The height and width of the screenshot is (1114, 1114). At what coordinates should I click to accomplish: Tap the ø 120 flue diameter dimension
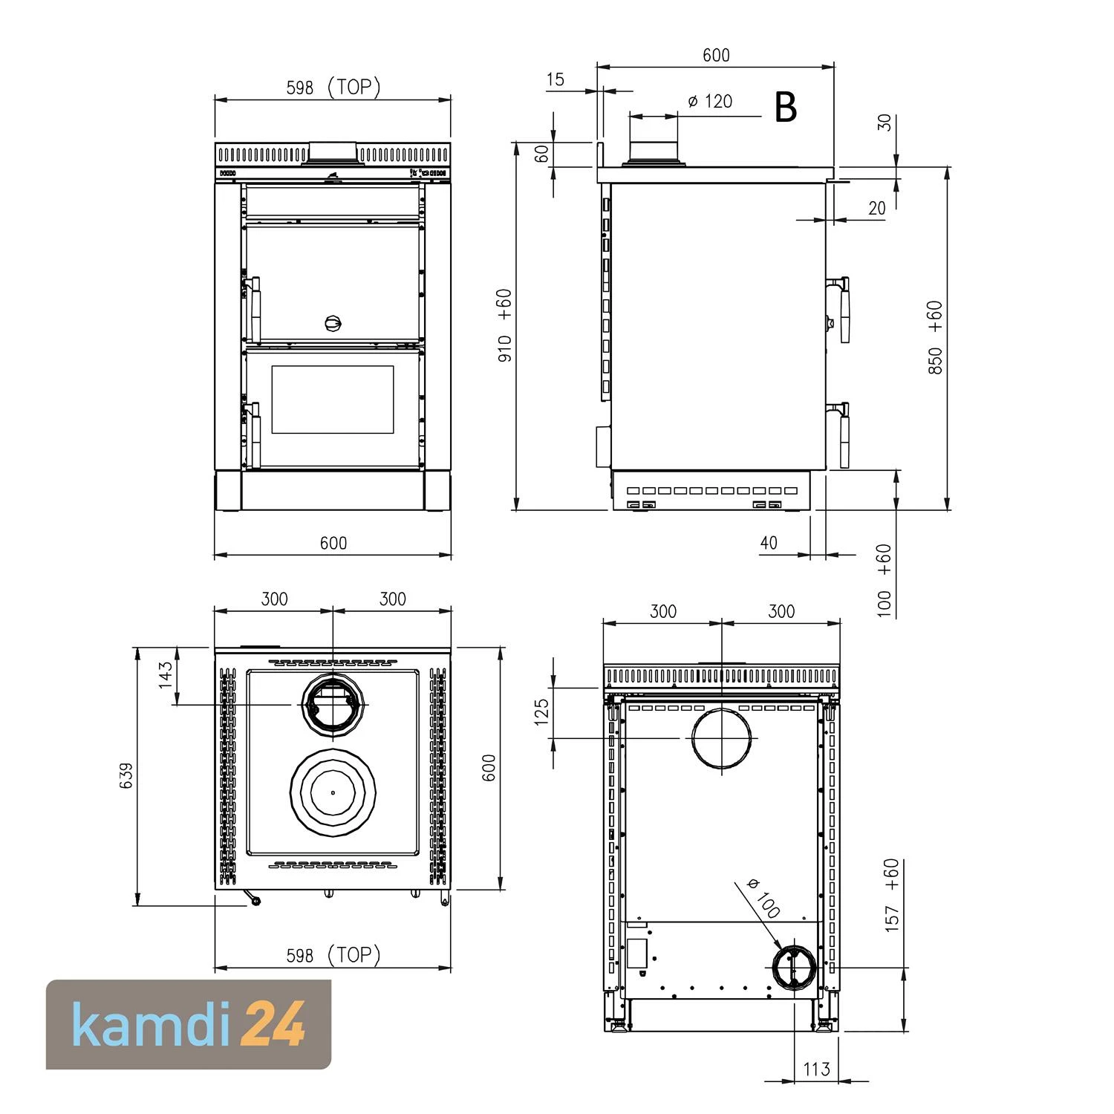click(710, 101)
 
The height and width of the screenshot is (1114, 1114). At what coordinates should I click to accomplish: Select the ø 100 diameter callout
click(763, 897)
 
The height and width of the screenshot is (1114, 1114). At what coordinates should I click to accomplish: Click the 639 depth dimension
click(126, 775)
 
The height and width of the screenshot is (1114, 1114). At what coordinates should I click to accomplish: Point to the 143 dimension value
click(166, 676)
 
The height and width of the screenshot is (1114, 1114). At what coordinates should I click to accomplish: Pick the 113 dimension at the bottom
click(816, 1069)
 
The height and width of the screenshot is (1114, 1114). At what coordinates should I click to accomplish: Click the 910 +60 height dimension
click(504, 325)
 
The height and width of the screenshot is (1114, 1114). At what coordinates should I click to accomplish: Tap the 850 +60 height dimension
click(935, 337)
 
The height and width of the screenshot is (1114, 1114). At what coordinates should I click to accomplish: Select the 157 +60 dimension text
click(892, 895)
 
